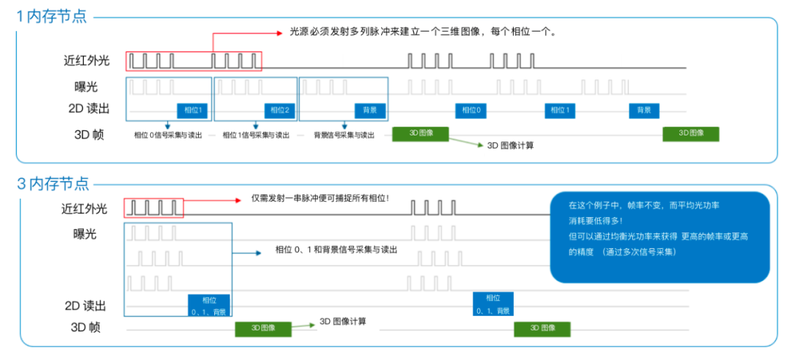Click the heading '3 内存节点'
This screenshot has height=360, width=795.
52,183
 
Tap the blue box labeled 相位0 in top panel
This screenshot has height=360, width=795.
471,110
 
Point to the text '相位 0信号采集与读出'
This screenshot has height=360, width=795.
167,135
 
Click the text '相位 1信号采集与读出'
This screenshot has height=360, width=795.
256,135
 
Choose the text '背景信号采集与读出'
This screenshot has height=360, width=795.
344,135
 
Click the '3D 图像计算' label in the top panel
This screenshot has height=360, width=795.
510,145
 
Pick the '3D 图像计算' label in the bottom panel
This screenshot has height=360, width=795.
343,322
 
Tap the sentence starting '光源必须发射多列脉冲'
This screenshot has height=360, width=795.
423,32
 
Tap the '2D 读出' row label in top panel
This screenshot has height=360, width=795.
89,109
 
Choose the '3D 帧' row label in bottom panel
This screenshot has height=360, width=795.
85,328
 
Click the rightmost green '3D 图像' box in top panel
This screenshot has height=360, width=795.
690,133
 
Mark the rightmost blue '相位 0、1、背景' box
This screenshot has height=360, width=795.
492,304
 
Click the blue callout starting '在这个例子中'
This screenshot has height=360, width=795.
660,237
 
